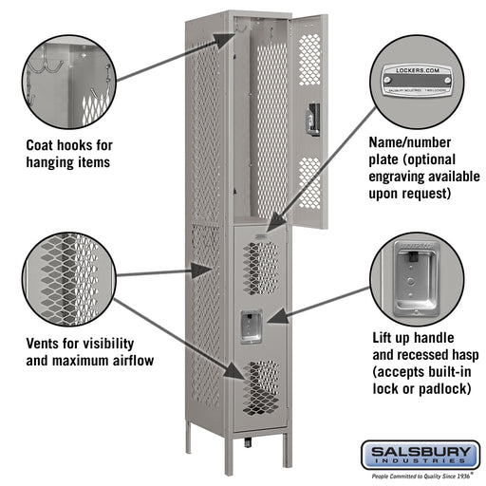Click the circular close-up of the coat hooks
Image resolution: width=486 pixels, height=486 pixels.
click(x=65, y=77)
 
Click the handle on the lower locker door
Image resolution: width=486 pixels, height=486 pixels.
click(x=250, y=324)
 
